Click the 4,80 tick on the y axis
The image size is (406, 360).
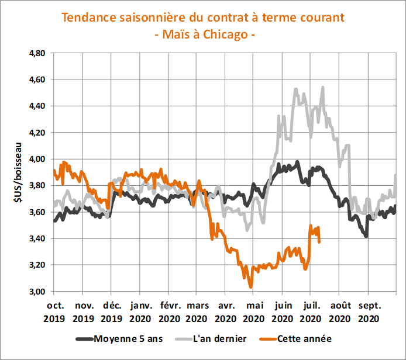coord(37,53)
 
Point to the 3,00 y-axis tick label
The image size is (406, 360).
coord(37,292)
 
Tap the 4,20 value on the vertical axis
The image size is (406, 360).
coord(37,133)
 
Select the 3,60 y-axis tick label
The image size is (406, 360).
coord(37,212)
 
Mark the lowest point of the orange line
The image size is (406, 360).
coord(251,287)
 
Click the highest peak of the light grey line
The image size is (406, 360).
coord(323,87)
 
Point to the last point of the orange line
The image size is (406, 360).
coord(319,241)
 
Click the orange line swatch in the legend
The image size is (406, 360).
coord(264,338)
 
